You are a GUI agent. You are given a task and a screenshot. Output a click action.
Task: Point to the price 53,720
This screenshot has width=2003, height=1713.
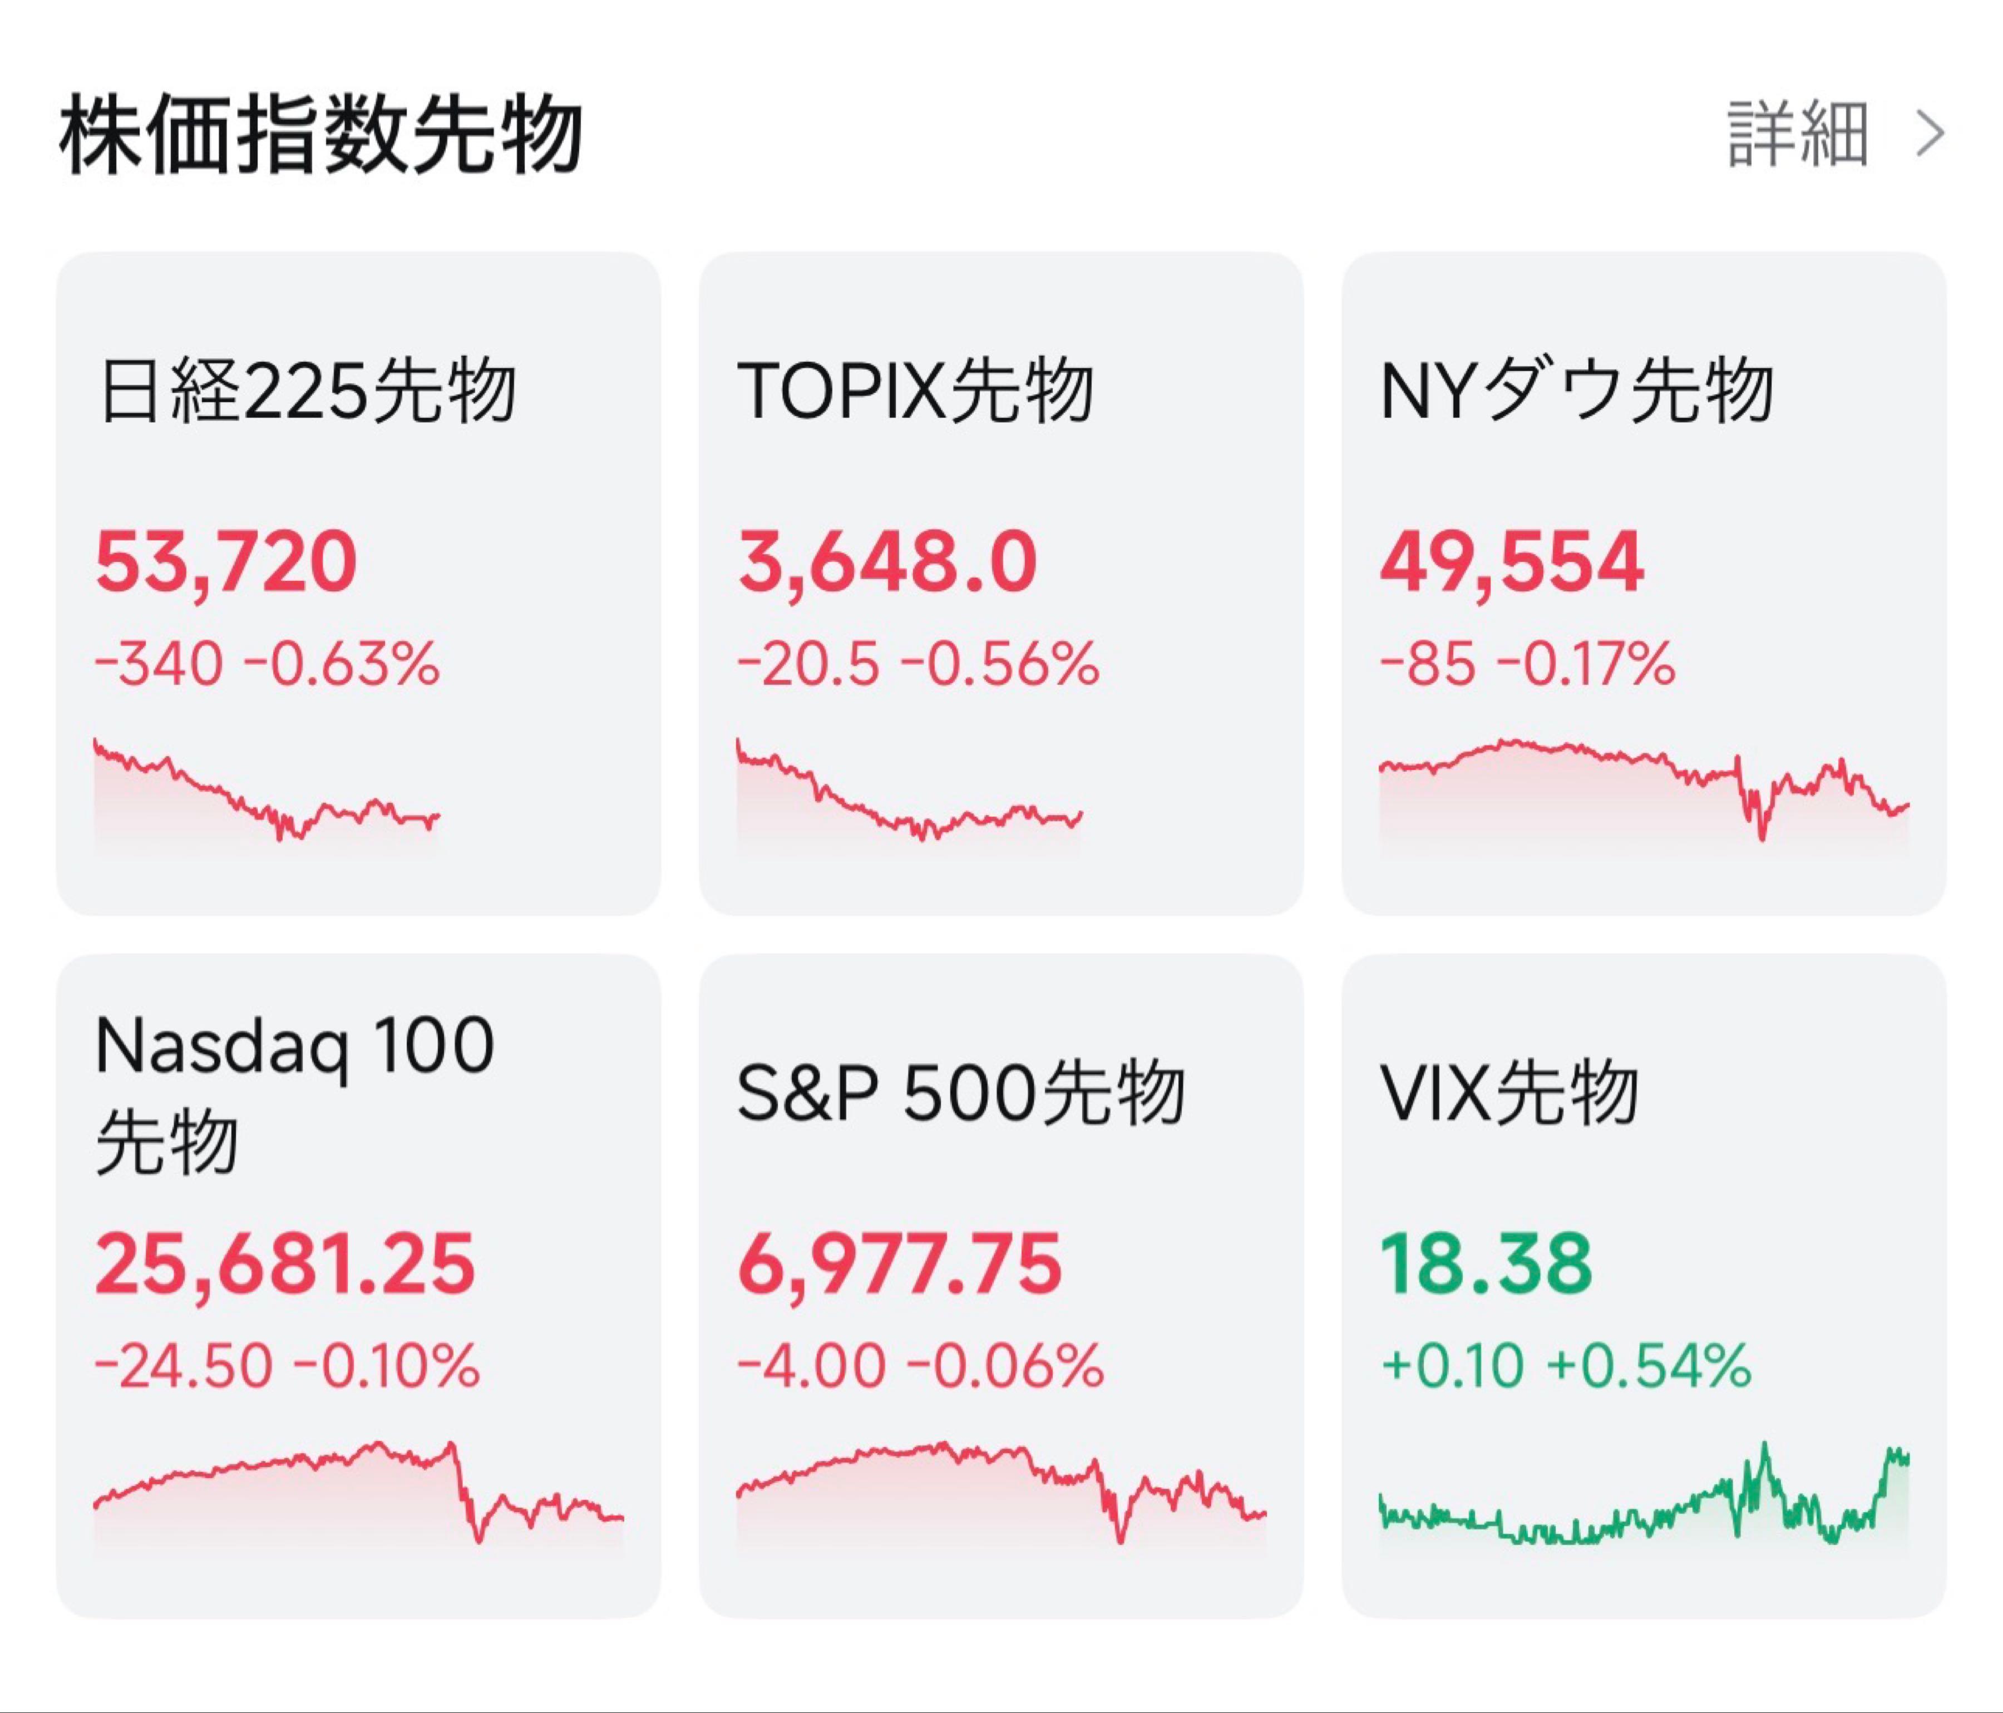click(x=226, y=562)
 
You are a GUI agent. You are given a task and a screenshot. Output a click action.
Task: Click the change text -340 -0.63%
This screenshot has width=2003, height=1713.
click(x=267, y=664)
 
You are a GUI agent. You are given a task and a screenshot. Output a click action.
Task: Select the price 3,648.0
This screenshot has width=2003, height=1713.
click(x=886, y=562)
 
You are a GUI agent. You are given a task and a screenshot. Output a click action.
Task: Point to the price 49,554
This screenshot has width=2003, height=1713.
click(x=1511, y=562)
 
